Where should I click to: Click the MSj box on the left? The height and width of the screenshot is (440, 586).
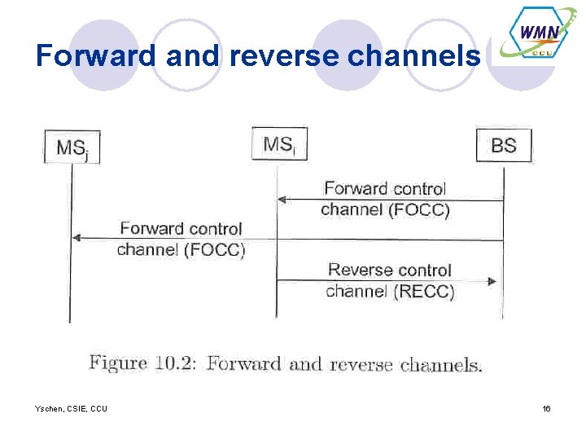[x=72, y=147]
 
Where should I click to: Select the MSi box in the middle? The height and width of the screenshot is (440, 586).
[x=279, y=144]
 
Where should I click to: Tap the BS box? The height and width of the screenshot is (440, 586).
[x=503, y=146]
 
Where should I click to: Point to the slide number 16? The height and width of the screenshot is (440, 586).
[x=547, y=408]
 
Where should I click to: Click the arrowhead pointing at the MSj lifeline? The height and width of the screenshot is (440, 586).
[x=77, y=238]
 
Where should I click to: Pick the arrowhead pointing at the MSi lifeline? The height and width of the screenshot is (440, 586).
[x=282, y=199]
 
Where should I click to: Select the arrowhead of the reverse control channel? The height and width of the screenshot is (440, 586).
[x=492, y=281]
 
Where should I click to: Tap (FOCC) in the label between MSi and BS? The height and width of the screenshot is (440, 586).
[x=419, y=210]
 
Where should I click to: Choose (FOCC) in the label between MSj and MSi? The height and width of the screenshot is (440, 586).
[x=215, y=250]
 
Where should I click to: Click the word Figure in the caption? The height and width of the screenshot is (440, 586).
[x=118, y=363]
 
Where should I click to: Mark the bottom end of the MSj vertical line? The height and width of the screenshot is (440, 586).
[x=71, y=322]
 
